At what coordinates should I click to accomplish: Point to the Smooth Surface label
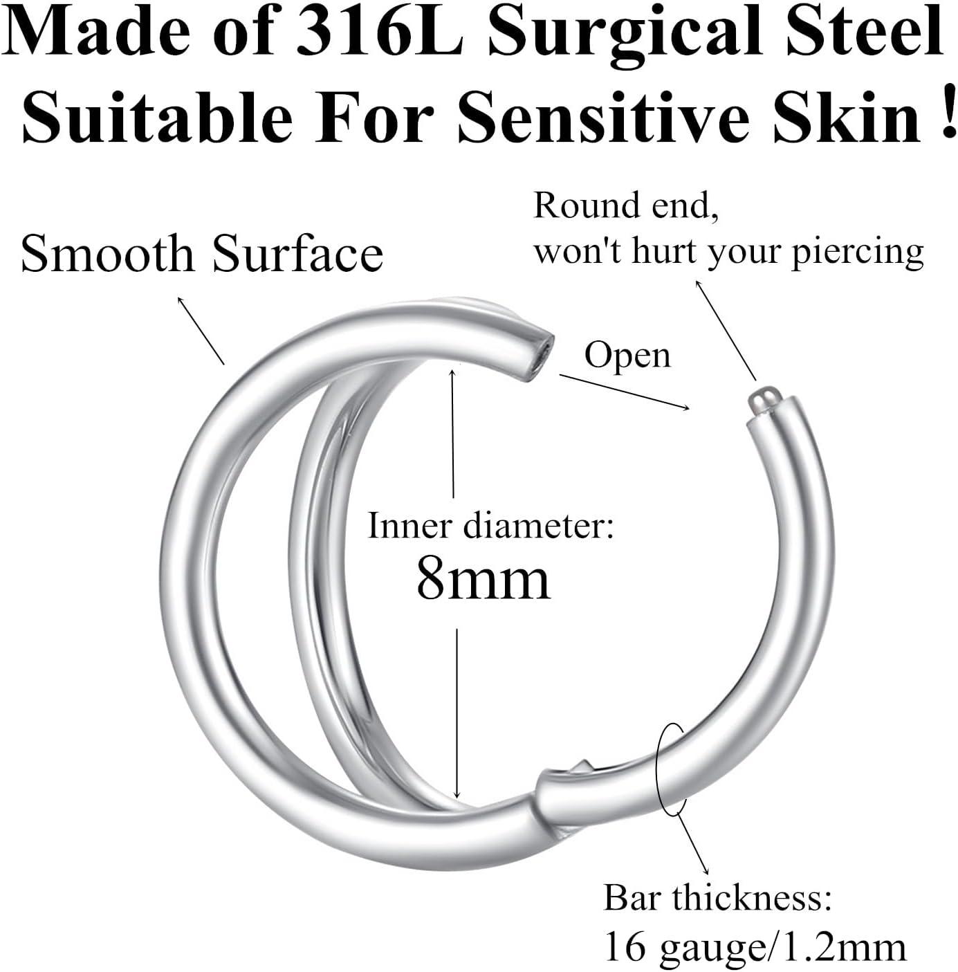(201, 253)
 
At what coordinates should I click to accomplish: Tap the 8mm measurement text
(483, 580)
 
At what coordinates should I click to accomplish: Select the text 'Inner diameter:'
(490, 526)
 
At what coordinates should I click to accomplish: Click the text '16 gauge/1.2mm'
(755, 946)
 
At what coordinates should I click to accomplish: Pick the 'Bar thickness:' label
(717, 898)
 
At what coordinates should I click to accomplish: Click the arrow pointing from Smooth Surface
(201, 331)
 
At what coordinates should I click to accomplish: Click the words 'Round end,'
(626, 206)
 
